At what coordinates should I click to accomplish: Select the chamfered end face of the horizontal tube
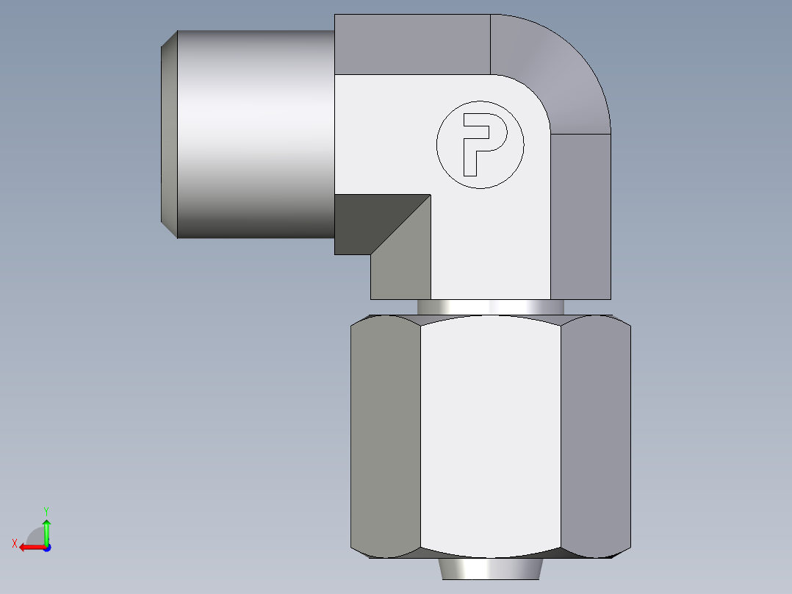point(169,134)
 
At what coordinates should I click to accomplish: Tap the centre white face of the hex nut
point(490,434)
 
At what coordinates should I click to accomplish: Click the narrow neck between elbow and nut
point(490,307)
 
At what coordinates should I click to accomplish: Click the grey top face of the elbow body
point(411,44)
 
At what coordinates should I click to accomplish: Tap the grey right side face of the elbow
point(580,217)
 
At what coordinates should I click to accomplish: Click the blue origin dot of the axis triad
point(46,548)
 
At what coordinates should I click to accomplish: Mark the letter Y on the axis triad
point(46,509)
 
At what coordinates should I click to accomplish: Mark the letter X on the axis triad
point(14,543)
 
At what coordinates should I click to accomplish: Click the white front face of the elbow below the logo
point(490,243)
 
